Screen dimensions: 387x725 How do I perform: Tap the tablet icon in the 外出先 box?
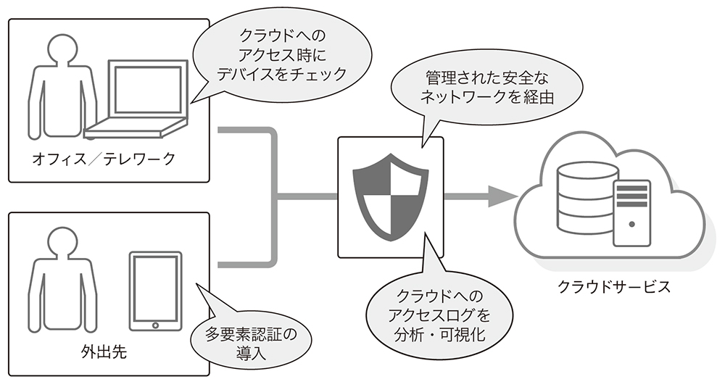click(154, 290)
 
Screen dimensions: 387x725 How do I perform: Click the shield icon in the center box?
click(391, 196)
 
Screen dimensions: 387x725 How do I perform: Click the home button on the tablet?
click(154, 324)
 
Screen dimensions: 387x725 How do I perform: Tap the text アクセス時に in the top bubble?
click(276, 54)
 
